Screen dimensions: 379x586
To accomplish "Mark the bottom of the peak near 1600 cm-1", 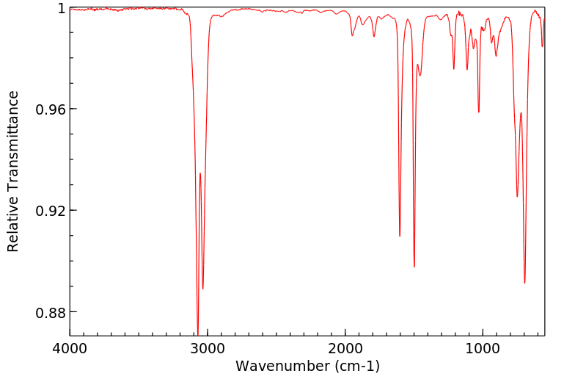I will coord(400,236).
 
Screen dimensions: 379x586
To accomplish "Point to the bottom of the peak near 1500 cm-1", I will coord(414,267).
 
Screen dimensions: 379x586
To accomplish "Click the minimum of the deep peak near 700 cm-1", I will coord(524,283).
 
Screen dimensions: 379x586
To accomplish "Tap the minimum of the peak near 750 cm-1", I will coord(517,196).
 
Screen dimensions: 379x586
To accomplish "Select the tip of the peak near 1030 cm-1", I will coord(479,112).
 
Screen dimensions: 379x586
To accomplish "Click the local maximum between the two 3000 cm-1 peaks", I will coord(200,173).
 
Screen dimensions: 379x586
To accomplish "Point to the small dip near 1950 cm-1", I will coord(353,35).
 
